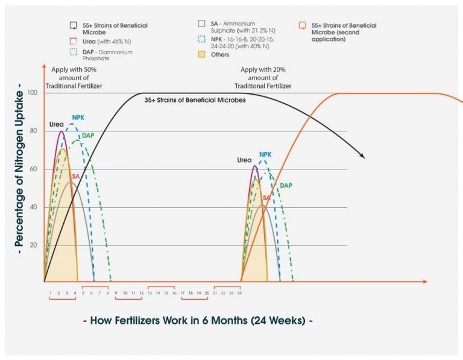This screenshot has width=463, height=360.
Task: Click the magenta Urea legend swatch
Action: pos(73,42)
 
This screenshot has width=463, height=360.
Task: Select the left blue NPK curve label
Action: pos(78,118)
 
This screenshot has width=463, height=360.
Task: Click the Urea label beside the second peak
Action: pos(244,161)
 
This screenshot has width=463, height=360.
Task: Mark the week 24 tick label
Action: pos(239,293)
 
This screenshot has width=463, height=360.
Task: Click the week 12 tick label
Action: pos(141,293)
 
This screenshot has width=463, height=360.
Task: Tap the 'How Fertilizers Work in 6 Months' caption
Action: pos(198,321)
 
